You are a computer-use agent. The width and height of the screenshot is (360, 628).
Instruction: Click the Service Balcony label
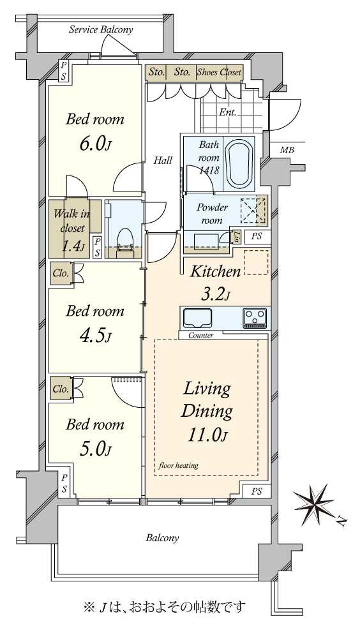point(100,29)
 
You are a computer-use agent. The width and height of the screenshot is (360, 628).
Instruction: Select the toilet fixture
point(125,241)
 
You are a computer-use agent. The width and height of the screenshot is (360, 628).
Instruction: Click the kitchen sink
point(198,318)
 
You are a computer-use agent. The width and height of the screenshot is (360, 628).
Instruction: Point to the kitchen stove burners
point(254,318)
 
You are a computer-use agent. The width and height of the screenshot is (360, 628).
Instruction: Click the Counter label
point(200,336)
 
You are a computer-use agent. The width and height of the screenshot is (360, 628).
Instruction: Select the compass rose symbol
point(315,503)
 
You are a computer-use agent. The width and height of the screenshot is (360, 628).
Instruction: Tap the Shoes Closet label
point(219,73)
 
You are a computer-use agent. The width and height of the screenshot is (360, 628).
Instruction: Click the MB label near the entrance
point(287,150)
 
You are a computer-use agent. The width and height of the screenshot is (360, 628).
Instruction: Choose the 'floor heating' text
point(178,465)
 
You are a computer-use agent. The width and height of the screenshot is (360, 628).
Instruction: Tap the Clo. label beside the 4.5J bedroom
point(61,274)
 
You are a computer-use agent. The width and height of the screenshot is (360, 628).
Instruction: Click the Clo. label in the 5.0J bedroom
point(61,389)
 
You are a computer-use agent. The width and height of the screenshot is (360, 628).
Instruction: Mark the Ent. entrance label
point(227,112)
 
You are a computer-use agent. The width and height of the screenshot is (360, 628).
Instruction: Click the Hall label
point(163,161)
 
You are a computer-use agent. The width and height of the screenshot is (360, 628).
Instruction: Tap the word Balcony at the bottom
point(162,538)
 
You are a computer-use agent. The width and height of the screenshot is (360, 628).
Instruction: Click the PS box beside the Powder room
point(257,236)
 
